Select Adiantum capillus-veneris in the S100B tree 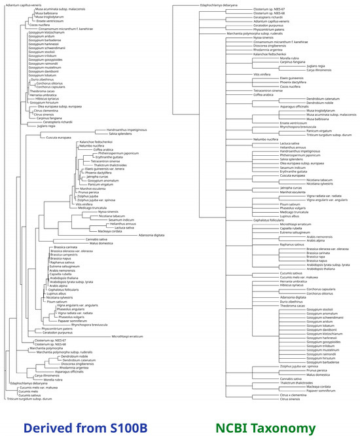tap(20, 5)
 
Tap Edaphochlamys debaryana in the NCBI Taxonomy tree tap(218, 5)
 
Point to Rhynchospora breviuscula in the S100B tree tap(90, 325)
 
